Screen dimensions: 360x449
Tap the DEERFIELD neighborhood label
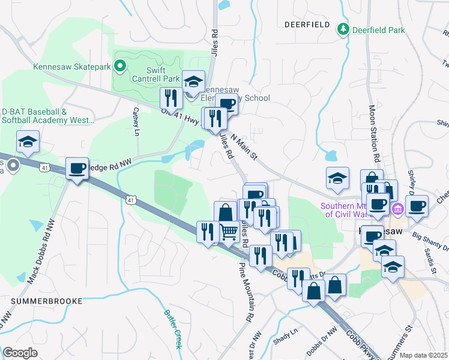(x=307, y=25)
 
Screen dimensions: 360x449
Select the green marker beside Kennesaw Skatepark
(x=120, y=67)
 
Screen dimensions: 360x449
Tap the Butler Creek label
(x=172, y=329)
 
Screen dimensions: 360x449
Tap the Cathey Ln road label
(x=136, y=121)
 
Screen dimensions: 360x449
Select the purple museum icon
(x=397, y=209)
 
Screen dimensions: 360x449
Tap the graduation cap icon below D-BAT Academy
(x=27, y=142)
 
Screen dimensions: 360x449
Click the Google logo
(x=20, y=353)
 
